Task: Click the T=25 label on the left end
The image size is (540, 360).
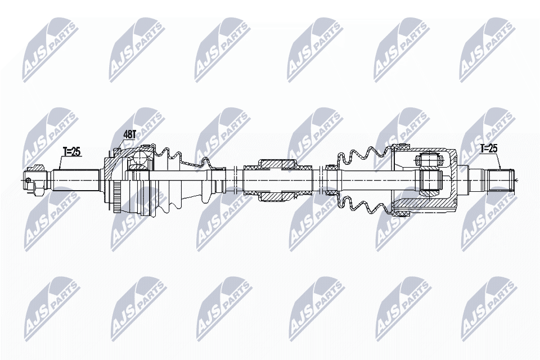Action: tap(72, 151)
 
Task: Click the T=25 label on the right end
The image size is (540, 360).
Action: tap(489, 148)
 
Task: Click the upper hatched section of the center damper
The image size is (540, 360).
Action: tap(277, 164)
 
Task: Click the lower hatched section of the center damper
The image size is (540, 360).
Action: tap(277, 195)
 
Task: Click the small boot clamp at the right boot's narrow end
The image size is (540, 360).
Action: tap(331, 179)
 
